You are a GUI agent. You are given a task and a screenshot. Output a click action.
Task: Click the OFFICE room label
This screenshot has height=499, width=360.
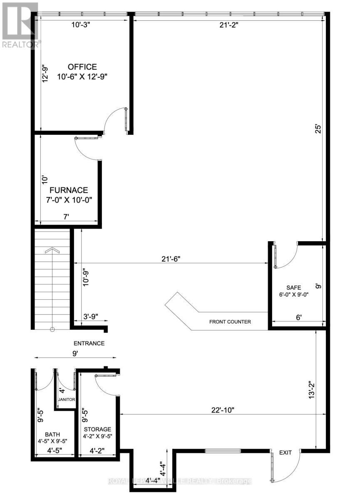(x=82, y=67)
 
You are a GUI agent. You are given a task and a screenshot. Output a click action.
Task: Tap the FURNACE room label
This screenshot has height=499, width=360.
(x=73, y=190)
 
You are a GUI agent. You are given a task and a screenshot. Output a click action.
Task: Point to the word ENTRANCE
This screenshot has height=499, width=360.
(x=89, y=343)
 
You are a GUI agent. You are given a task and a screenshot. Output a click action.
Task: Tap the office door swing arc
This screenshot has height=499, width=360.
(x=110, y=117)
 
